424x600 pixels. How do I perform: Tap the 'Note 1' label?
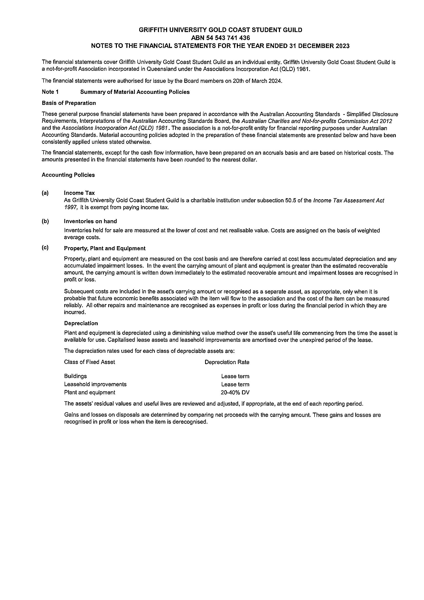(x=50, y=92)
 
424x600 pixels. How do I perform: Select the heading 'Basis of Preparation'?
(x=69, y=103)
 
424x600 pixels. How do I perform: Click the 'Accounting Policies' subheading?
(x=68, y=175)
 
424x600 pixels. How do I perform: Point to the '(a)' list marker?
(x=45, y=193)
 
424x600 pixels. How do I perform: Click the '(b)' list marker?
(x=45, y=221)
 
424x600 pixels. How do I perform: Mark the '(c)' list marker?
(x=45, y=248)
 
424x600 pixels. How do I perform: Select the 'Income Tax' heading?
(x=79, y=193)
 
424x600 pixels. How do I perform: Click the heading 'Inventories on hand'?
(x=90, y=221)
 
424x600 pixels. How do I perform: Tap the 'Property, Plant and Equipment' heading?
(x=105, y=248)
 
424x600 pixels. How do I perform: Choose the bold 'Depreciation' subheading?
(x=81, y=323)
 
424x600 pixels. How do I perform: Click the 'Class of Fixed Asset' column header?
(x=89, y=362)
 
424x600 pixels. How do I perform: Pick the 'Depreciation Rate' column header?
(x=227, y=362)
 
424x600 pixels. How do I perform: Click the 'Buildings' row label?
(x=76, y=376)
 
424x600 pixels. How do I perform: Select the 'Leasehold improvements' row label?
(x=95, y=384)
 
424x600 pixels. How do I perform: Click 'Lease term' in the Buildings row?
(x=235, y=376)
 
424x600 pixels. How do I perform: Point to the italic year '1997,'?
(x=71, y=208)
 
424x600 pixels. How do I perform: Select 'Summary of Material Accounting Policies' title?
(x=135, y=92)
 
